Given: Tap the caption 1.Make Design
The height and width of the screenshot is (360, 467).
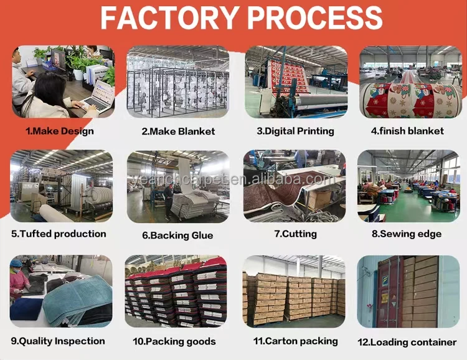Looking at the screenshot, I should pos(60,131).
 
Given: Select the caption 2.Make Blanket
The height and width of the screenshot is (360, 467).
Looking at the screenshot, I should pos(178,131).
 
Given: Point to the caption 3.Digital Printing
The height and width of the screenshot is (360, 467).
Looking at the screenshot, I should pos(295,131).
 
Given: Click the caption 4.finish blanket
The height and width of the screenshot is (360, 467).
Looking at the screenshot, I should pos(407,131).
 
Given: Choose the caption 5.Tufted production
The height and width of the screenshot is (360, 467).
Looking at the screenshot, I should pos(59,234).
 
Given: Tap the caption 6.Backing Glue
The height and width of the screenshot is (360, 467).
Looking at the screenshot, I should pos(177,235).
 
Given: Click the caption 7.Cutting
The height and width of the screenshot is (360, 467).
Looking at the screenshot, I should pos(295,234).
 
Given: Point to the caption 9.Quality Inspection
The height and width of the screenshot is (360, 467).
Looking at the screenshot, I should pos(58,341).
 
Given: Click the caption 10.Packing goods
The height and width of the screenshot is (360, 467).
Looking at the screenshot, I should pos(174,341).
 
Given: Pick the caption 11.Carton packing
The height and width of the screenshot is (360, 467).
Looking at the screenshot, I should pos(295,341).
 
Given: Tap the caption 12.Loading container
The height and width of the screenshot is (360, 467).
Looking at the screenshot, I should pos(407,342).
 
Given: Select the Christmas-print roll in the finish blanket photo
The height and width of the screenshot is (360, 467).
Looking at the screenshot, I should pos(411,100).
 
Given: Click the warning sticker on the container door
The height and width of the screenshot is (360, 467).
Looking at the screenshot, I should pos(385,299).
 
